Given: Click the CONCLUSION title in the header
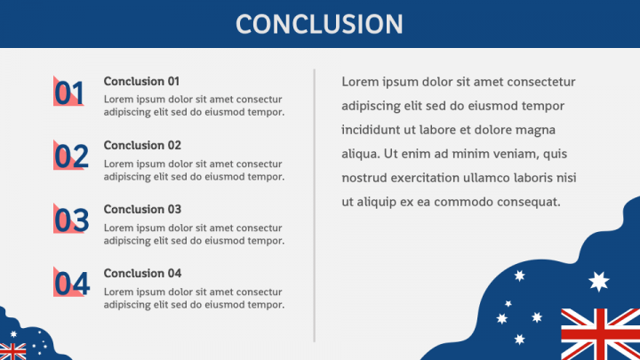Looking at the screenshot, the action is [319, 24].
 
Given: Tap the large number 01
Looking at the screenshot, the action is [69, 93].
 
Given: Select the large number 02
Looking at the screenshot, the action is [71, 156].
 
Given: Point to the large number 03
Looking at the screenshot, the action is [71, 220].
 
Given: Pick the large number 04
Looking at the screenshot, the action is [71, 284].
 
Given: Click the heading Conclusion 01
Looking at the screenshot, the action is [141, 81].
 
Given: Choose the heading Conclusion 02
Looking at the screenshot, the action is [142, 145].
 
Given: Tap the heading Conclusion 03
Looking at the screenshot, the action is [142, 210].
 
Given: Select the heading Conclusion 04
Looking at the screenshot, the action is [142, 274].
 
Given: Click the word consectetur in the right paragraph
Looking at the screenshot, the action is [541, 82].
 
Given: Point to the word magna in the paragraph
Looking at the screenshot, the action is [535, 130].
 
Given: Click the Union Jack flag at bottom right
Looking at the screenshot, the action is [600, 334].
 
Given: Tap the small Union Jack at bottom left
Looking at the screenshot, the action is [12, 351].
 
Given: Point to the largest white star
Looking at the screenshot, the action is [598, 282].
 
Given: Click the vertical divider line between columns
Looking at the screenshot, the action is [315, 205].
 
